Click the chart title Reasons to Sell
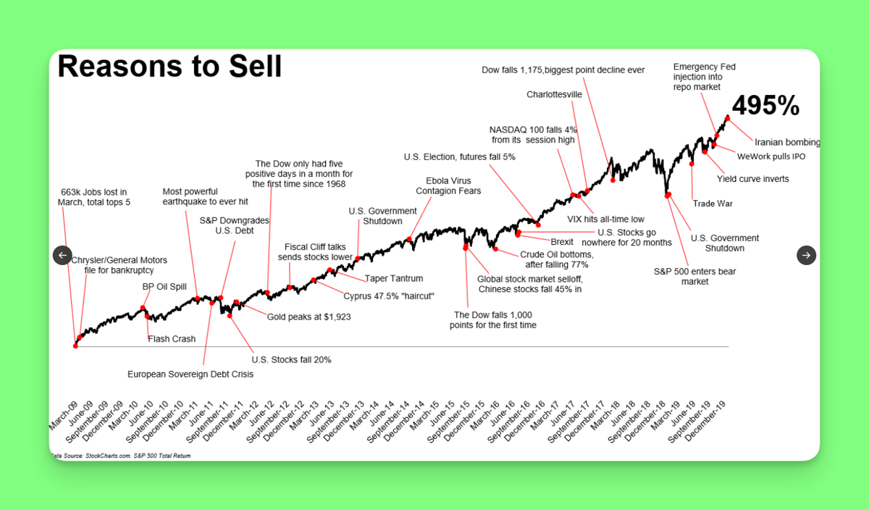pos(169,67)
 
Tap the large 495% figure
pos(765,105)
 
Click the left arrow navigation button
pos(62,256)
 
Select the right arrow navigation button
pos(806,256)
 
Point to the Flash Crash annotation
pos(172,339)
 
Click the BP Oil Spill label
pos(164,286)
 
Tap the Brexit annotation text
pos(562,242)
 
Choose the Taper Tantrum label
pos(394,278)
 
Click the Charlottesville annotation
pos(554,94)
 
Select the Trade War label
pos(713,204)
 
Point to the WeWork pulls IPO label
pos(771,156)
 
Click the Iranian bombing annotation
pos(787,142)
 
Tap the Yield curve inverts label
pos(752,179)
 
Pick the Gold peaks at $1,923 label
pos(308,317)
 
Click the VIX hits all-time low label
pos(605,220)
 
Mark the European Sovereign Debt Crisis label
pos(190,374)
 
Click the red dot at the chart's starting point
pos(75,346)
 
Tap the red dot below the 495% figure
pos(727,118)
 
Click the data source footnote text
pos(121,456)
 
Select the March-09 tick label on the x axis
pos(64,416)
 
